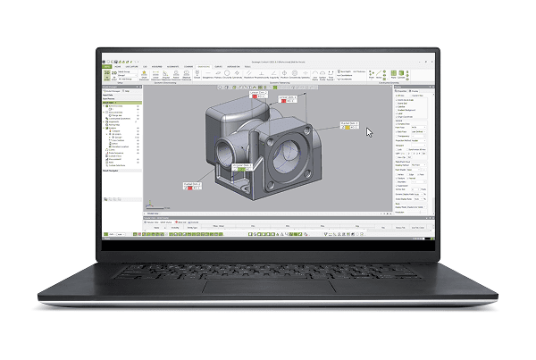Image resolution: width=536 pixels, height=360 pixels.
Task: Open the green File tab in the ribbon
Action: [108, 66]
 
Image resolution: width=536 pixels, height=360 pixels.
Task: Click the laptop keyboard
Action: [268, 264]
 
